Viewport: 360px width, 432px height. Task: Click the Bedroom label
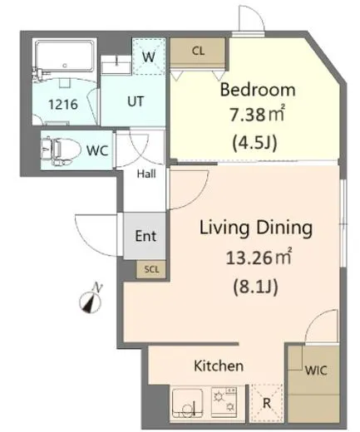point(258,90)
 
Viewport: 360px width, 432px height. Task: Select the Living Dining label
point(256,228)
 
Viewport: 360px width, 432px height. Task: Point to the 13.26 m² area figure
point(259,257)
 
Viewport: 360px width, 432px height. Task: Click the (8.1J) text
point(255,287)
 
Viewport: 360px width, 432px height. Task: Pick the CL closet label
point(199,51)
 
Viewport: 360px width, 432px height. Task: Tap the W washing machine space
point(149,56)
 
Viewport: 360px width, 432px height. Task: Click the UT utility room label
point(136,101)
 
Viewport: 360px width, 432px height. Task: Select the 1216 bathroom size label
point(63,105)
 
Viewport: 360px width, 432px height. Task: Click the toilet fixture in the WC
point(61,151)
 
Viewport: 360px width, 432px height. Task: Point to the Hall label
point(146,174)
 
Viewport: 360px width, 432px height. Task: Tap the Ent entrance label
point(145,236)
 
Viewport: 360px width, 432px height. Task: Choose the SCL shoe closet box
point(151,269)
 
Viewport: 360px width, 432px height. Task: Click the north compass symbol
point(91,300)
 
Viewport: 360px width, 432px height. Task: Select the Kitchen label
point(219,366)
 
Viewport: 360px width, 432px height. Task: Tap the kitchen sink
point(187,403)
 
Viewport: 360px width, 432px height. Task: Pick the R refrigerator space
point(266,403)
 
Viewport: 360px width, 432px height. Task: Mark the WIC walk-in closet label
point(316,371)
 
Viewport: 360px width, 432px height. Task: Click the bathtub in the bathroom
point(65,56)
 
